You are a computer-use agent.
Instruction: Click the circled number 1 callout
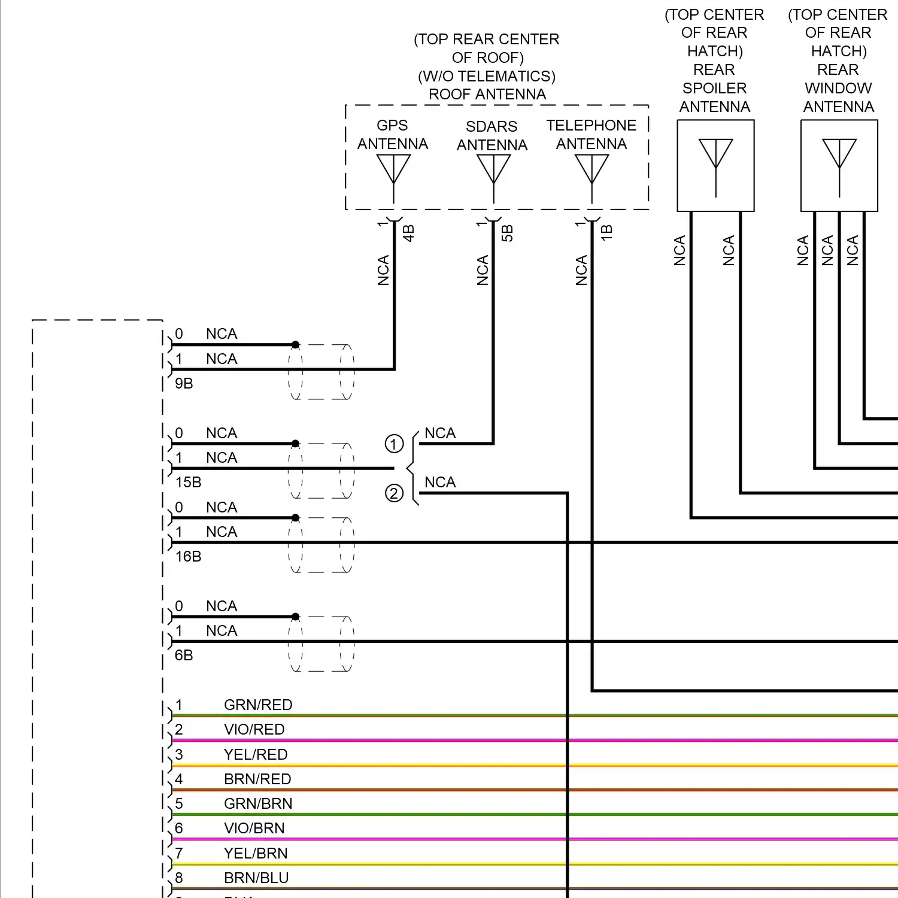coord(394,444)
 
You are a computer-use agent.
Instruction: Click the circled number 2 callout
coord(394,493)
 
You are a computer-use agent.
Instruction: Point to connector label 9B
coord(184,384)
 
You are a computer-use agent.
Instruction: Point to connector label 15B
coord(188,483)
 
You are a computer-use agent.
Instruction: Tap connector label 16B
coord(188,557)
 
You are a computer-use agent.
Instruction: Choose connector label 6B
coord(184,656)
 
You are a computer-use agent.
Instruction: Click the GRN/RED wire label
coord(258,705)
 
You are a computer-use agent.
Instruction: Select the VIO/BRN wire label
coord(254,829)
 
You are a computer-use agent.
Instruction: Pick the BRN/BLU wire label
coord(256,878)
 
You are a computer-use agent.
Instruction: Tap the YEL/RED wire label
coord(256,755)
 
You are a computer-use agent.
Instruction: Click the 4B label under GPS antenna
coord(408,233)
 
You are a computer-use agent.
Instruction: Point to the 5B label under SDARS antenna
coord(507,233)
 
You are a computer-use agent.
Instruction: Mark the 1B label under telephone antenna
coord(606,233)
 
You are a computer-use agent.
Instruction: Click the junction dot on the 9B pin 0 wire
coord(295,345)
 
